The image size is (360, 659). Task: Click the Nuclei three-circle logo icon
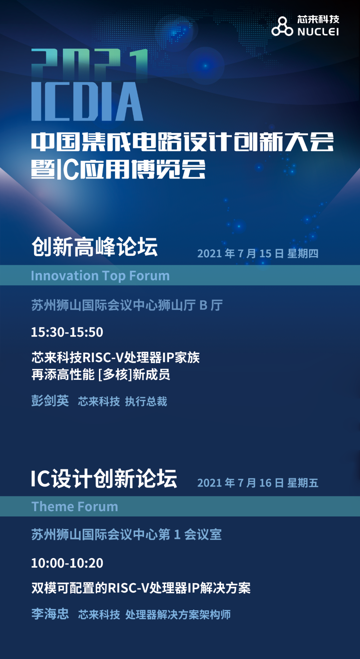coord(282,26)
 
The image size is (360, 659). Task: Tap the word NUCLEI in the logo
coord(318,32)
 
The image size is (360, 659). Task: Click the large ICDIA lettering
coord(87,102)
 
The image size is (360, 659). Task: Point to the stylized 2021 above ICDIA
coord(89,65)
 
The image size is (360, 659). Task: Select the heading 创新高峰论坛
coord(94,247)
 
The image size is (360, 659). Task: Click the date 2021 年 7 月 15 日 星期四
coord(258,254)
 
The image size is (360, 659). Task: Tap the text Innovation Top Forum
coord(100,276)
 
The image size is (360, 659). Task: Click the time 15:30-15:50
coord(67,332)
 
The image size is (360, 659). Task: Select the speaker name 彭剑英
coord(50,401)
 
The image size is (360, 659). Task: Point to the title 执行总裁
coord(146,401)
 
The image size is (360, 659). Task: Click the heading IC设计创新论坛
coord(104,479)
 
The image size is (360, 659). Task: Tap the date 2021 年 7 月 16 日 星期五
coord(258,483)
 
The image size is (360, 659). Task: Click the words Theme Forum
coord(75,507)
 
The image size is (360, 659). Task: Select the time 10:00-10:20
coord(67,563)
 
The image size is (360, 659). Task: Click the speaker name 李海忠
coord(50,614)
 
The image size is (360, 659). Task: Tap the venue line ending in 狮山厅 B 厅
coord(127,305)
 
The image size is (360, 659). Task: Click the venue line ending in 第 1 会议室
coord(126,535)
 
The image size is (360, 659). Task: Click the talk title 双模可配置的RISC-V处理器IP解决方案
coord(141,588)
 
